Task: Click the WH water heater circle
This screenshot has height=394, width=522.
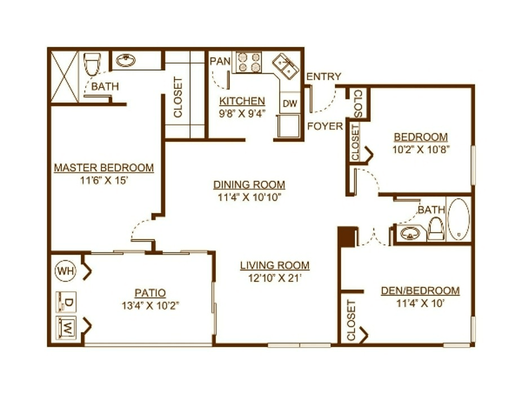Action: [x=65, y=271]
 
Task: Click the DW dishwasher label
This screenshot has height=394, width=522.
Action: [x=290, y=104]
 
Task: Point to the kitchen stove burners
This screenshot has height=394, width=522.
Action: [x=249, y=62]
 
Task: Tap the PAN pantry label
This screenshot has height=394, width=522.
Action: [x=220, y=61]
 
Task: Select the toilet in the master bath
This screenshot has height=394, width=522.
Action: [x=92, y=64]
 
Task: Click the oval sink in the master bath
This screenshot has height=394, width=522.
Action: [x=126, y=60]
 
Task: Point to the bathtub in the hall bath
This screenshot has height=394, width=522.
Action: [x=458, y=219]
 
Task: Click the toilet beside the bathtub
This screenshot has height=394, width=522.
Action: [x=435, y=229]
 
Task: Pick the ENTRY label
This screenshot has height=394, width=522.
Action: [x=324, y=77]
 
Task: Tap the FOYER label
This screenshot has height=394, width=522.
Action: [x=325, y=126]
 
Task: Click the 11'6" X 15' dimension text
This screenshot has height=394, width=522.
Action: [x=104, y=180]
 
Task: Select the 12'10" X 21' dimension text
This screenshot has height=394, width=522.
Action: [x=275, y=278]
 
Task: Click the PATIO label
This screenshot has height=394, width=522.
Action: [x=150, y=293]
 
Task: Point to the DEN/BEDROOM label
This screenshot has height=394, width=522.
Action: [x=420, y=290]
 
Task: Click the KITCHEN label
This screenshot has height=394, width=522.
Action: [x=242, y=100]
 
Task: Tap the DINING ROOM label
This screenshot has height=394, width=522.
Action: [x=249, y=184]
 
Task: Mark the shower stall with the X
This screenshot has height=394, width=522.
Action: [x=64, y=77]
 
